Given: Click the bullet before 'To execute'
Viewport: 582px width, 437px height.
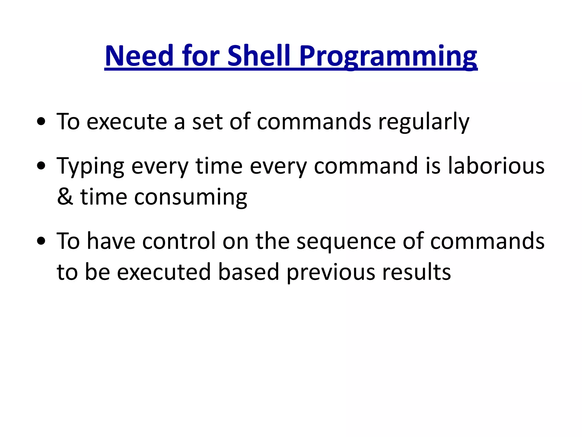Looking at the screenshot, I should point(41,122).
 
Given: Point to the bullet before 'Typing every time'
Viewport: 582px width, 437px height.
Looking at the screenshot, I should point(41,166).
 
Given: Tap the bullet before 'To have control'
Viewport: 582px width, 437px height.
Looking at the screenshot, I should point(41,241).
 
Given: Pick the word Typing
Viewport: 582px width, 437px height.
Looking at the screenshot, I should point(90,167).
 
